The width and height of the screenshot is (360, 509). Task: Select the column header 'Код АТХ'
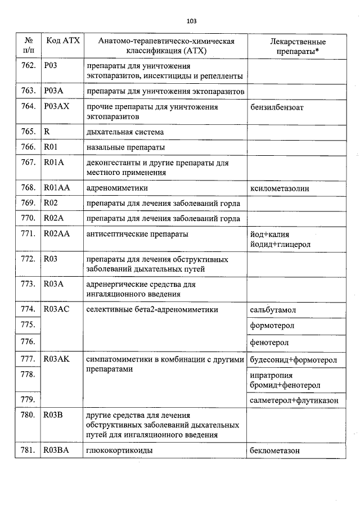(63, 41)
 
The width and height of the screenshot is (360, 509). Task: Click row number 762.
(28, 65)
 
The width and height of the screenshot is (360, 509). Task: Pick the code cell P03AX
(56, 106)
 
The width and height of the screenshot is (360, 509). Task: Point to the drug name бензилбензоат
(276, 107)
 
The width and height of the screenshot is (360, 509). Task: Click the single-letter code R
(47, 132)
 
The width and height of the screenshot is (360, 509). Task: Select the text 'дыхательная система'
(125, 132)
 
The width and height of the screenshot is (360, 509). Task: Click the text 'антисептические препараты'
(137, 234)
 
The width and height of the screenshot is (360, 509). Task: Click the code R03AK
(56, 358)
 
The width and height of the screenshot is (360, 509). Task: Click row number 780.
(28, 416)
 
